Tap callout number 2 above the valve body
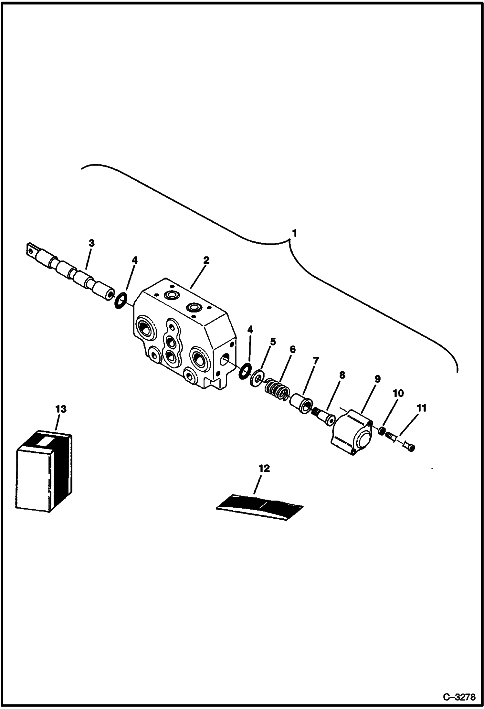click(206, 260)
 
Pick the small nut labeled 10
click(382, 431)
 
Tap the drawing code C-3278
click(459, 697)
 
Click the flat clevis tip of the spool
click(31, 250)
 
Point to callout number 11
click(422, 408)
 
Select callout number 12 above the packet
click(264, 468)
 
